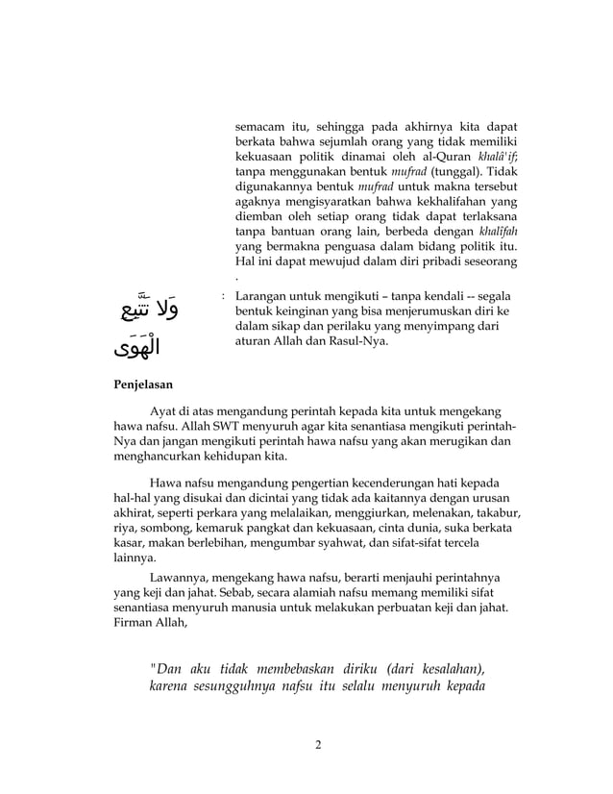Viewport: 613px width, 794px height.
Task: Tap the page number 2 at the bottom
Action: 318,744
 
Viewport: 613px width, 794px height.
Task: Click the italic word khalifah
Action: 499,231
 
